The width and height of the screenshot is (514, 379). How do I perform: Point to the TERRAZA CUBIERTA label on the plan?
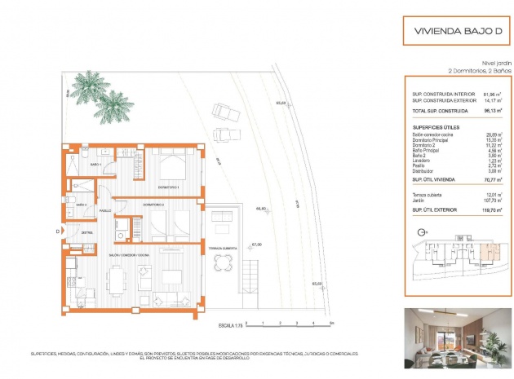pos(222,247)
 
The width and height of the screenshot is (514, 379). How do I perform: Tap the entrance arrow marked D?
pos(58,231)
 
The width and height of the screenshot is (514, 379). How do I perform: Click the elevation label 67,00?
pos(256,244)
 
